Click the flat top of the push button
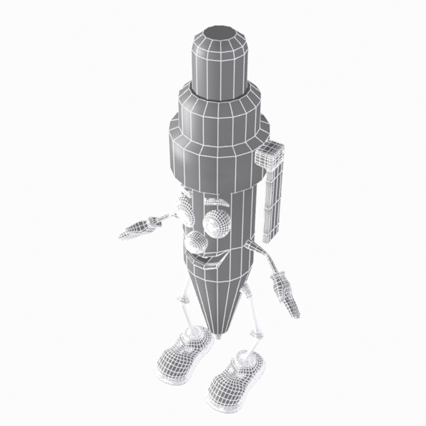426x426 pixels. pos(221,34)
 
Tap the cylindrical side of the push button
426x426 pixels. pos(221,67)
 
